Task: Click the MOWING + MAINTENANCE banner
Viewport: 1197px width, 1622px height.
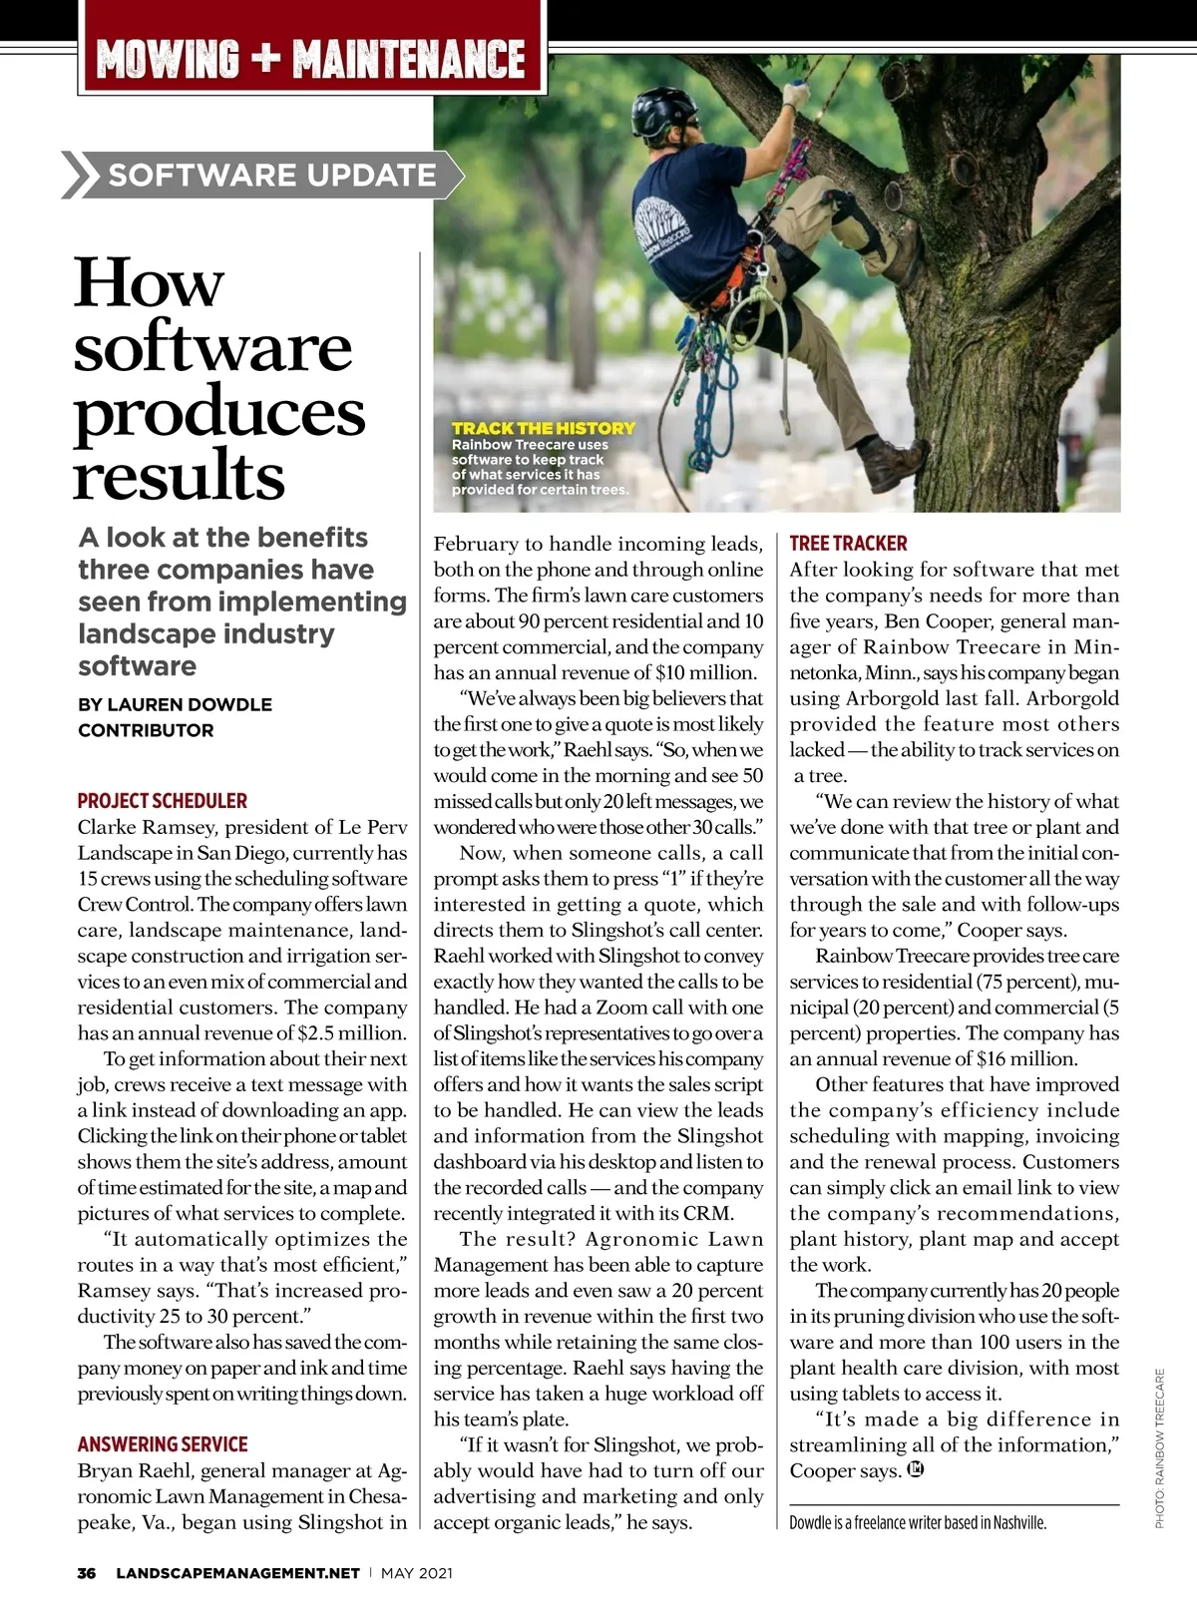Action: click(311, 59)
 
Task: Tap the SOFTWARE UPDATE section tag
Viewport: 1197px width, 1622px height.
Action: click(271, 176)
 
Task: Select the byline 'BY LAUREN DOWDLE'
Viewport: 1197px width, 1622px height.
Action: click(175, 704)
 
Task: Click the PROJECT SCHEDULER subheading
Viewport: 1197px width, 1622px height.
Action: click(163, 801)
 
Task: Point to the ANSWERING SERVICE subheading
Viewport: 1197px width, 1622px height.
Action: click(163, 1444)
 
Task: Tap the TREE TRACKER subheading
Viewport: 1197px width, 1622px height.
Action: click(848, 544)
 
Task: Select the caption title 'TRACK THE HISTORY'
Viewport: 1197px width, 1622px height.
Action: click(544, 428)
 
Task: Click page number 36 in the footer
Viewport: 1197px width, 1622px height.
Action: click(87, 1573)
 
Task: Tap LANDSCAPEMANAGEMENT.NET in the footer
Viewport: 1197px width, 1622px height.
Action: click(237, 1573)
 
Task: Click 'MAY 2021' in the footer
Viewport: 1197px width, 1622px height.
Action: click(417, 1573)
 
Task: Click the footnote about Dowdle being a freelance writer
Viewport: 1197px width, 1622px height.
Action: click(918, 1523)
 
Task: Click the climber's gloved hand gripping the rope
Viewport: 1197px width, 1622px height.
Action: click(795, 92)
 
